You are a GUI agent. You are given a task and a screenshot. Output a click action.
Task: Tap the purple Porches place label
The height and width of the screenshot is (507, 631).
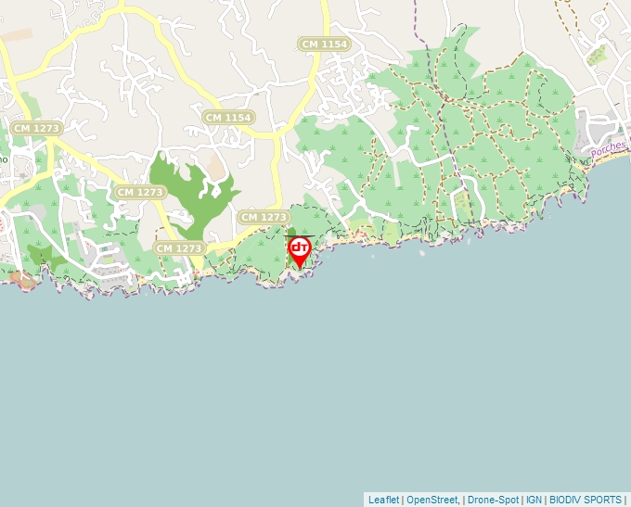[609, 147]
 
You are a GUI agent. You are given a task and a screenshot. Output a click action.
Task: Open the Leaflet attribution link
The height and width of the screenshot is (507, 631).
[383, 500]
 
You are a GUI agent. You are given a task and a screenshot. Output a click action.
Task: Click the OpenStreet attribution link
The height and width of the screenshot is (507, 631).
[431, 500]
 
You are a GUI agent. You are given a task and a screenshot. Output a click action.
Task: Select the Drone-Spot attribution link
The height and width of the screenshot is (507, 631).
[492, 500]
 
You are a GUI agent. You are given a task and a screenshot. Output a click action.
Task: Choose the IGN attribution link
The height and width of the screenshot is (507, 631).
[534, 500]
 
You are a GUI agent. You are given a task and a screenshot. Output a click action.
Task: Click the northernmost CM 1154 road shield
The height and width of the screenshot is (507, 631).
[324, 44]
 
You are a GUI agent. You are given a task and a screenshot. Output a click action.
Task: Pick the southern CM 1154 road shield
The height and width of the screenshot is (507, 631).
[228, 118]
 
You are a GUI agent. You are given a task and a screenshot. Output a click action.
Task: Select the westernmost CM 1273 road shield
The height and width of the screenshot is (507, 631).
[35, 127]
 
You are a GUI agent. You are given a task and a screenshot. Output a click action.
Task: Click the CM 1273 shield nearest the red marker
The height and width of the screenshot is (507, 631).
[263, 217]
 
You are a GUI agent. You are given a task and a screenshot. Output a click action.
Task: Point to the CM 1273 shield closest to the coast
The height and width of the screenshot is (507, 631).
[179, 248]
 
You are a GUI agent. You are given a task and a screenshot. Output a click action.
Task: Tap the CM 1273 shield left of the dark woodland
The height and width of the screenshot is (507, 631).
[140, 192]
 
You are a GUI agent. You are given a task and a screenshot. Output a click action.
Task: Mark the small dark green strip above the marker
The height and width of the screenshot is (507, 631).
[291, 233]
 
